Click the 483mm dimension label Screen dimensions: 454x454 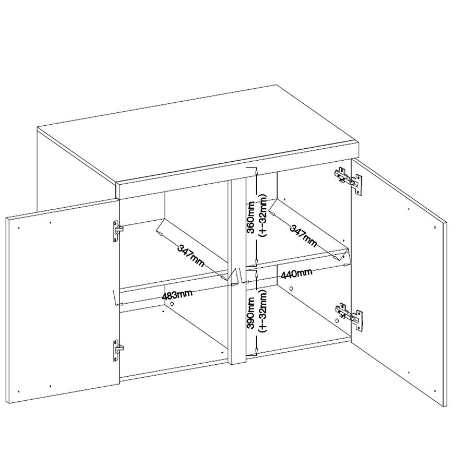177,295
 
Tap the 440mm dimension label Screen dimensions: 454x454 296,273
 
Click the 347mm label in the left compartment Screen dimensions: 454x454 190,256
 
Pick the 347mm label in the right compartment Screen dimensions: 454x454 303,236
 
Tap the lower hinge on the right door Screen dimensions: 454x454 349,316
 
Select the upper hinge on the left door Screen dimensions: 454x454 117,231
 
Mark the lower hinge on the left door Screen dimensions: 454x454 117,350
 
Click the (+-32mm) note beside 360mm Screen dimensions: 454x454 262,216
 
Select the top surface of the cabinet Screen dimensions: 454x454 197,134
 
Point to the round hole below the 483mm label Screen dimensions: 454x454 172,304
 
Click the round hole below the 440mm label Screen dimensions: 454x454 291,289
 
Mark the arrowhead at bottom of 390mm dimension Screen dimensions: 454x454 256,351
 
